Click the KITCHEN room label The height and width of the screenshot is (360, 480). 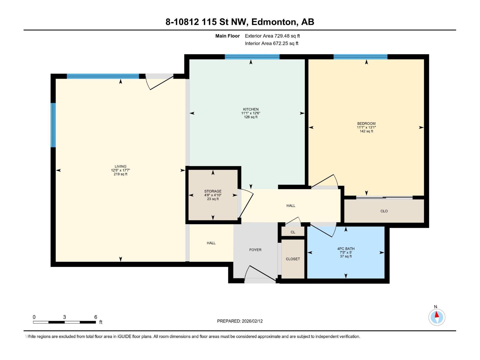click(x=250, y=109)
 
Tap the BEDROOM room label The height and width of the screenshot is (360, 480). click(x=366, y=124)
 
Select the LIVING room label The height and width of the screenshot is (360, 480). click(x=121, y=166)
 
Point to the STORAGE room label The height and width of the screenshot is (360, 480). click(x=213, y=191)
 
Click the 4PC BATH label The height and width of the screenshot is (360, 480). click(x=346, y=248)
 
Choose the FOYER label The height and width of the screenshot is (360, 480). click(x=255, y=250)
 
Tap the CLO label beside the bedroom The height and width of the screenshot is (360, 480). click(x=384, y=211)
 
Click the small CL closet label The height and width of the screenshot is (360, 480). click(x=293, y=232)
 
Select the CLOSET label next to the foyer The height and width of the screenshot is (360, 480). click(x=293, y=259)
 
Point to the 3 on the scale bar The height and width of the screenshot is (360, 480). click(x=64, y=317)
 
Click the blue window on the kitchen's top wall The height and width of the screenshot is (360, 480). click(x=252, y=57)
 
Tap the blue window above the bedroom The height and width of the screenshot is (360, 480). click(x=360, y=57)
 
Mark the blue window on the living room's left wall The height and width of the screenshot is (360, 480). click(x=53, y=125)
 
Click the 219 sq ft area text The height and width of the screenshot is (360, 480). click(x=121, y=174)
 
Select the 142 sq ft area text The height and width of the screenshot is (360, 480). click(x=366, y=131)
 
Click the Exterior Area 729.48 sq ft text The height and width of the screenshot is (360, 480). click(x=272, y=36)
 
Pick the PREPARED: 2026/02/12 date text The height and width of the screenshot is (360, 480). click(x=240, y=321)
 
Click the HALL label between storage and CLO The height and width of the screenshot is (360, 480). click(x=291, y=205)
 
